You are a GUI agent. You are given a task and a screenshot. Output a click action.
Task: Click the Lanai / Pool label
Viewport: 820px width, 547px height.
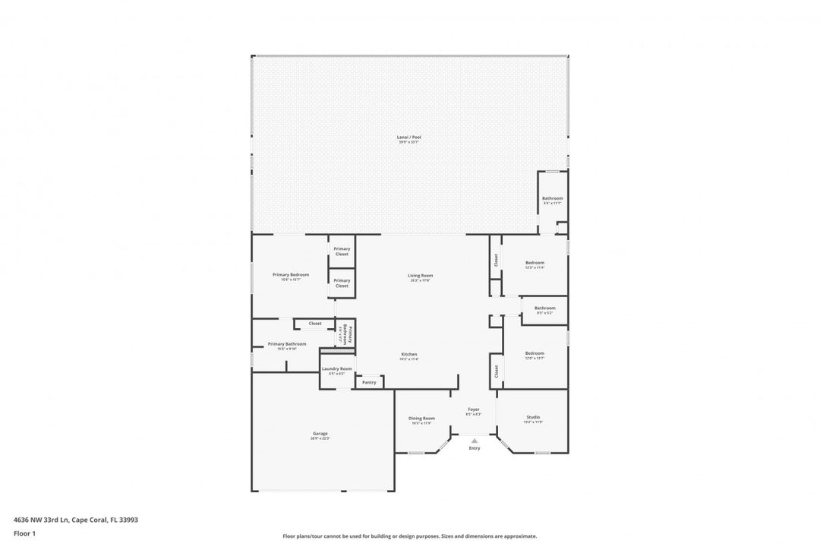409,138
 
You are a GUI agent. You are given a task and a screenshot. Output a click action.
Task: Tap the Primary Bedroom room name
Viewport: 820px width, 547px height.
291,274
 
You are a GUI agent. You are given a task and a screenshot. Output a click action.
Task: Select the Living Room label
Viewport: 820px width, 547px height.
420,275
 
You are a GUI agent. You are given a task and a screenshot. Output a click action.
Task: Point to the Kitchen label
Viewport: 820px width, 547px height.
409,354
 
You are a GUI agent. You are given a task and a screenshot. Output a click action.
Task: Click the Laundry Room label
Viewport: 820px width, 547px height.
336,368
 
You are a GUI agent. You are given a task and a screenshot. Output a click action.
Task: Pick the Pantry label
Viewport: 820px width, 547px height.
369,382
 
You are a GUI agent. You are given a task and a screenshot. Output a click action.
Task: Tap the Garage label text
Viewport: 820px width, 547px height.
320,433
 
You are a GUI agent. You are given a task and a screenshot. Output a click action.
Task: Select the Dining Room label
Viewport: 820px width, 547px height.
421,418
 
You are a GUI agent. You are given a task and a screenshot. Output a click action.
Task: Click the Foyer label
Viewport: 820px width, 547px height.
473,409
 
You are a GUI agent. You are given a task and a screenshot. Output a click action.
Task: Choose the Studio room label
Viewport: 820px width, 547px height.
533,417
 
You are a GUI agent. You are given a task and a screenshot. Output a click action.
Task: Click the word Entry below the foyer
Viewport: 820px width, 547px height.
475,448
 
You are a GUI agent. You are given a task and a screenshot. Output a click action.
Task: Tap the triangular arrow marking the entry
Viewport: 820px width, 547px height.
475,440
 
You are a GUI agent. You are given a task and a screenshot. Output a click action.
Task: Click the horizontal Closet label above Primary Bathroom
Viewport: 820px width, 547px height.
314,324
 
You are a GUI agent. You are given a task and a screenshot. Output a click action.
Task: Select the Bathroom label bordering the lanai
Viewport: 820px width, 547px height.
552,198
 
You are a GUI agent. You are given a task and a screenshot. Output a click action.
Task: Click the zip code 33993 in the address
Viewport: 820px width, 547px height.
128,520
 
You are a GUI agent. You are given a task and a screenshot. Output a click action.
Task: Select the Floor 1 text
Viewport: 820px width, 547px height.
24,533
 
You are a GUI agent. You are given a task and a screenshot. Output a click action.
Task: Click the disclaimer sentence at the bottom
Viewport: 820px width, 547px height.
409,536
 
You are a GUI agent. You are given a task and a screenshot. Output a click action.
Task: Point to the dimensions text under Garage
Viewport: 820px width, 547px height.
320,438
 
